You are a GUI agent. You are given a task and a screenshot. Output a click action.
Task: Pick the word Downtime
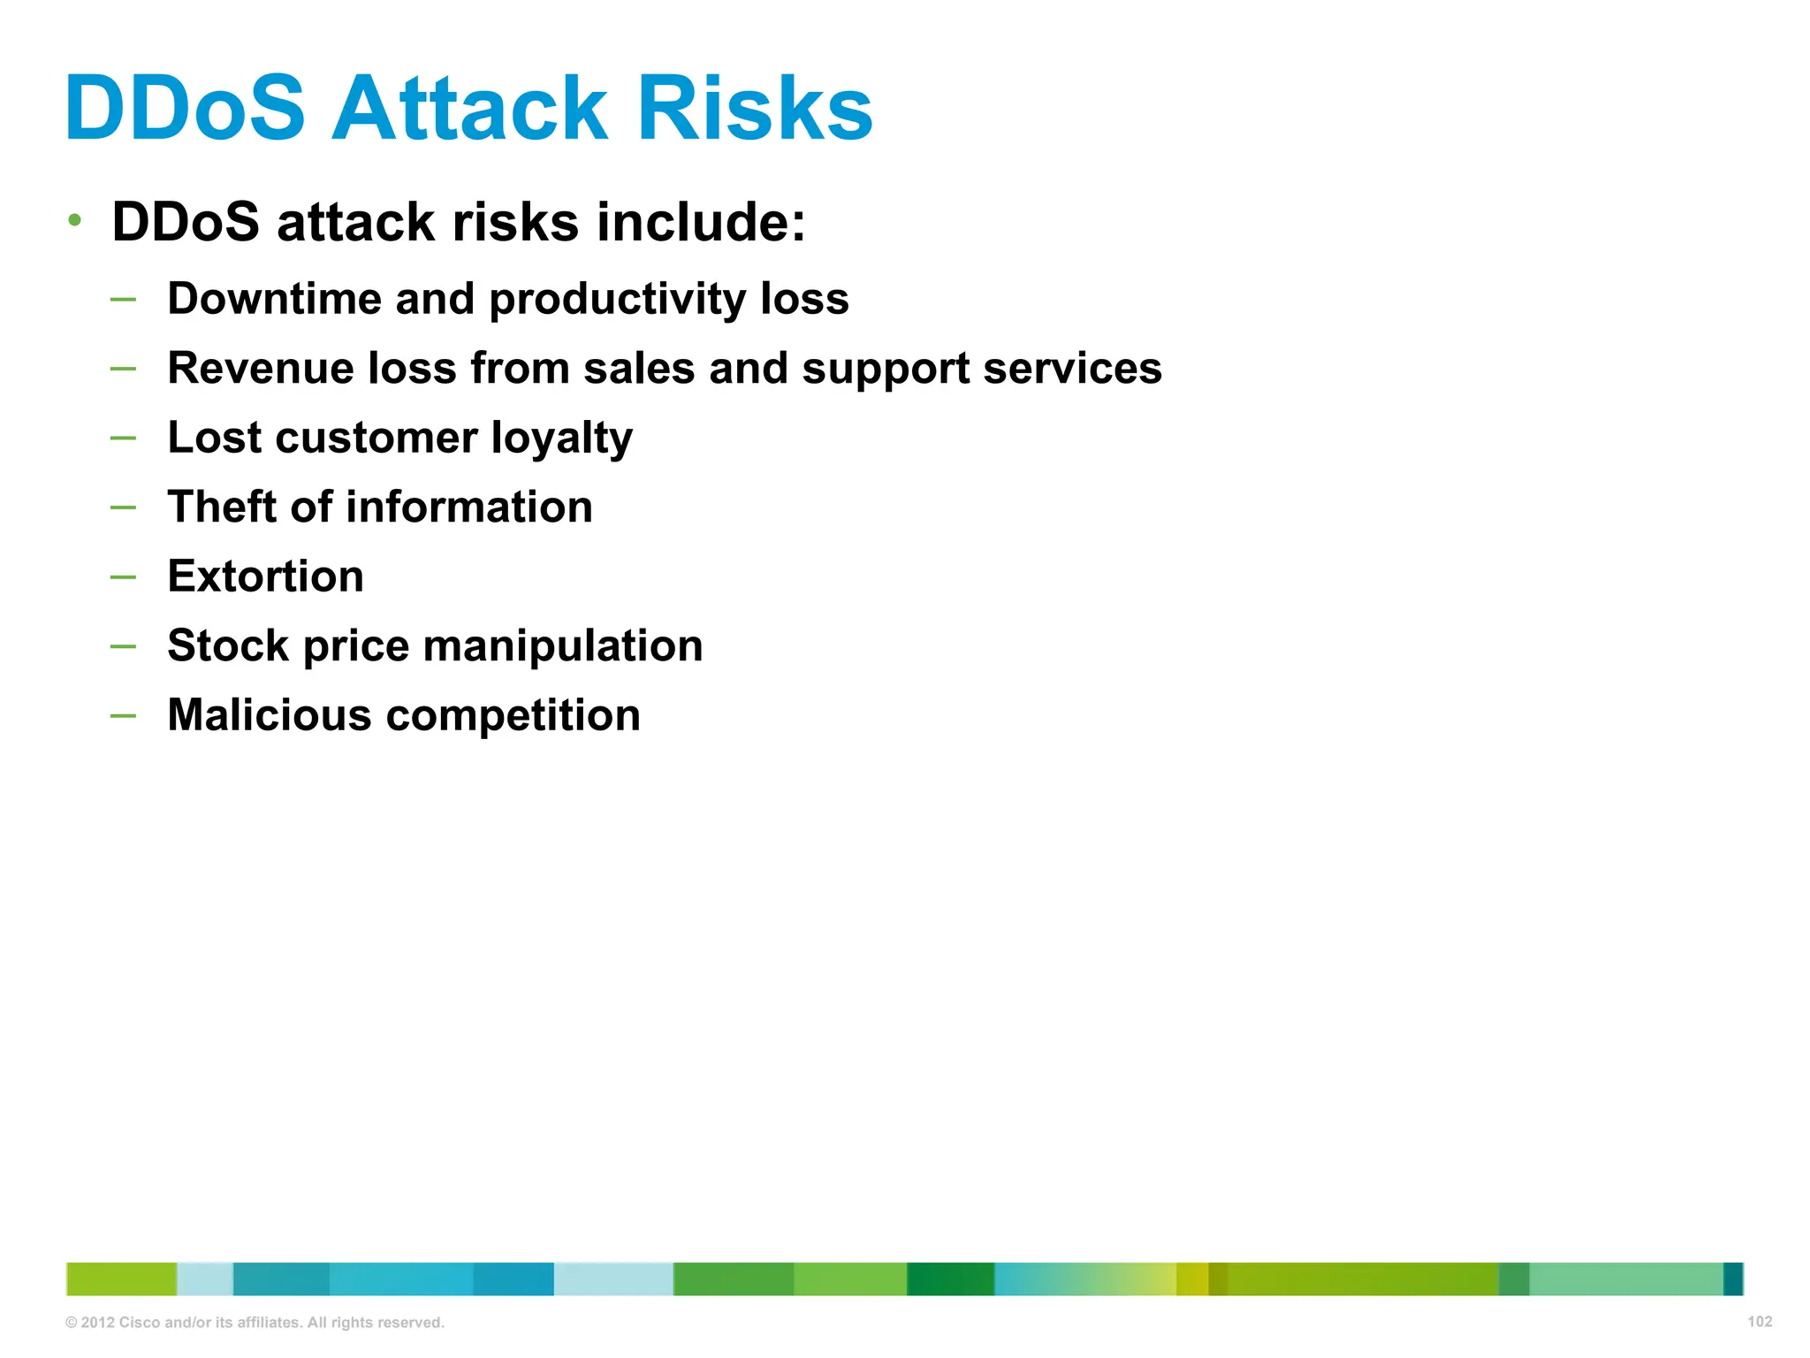(x=274, y=299)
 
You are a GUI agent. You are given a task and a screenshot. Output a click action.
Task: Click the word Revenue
(x=261, y=368)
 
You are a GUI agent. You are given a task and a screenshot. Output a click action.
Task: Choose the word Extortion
(x=265, y=576)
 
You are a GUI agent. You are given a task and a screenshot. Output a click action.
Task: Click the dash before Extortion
(x=124, y=577)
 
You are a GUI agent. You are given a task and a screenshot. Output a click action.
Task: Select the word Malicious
(x=270, y=715)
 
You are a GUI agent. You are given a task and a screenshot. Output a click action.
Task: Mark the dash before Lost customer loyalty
(x=124, y=438)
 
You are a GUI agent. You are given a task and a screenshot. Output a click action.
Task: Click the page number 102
(x=1759, y=1322)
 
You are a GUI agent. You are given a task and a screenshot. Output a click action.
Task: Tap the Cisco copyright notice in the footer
(x=255, y=1323)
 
